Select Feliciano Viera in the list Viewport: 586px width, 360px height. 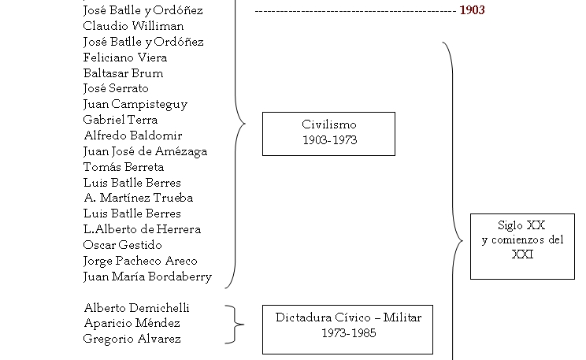point(124,58)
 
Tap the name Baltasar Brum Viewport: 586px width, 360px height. point(123,73)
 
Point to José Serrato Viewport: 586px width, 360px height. point(116,88)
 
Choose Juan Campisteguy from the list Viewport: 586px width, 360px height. point(135,104)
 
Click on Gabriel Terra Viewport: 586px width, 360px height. point(120,120)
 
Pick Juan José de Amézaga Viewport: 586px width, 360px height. point(145,151)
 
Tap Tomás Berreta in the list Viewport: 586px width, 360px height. point(124,166)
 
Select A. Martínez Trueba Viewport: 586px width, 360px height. point(138,198)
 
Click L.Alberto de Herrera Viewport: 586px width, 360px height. point(142,229)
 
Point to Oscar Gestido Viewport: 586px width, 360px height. point(122,245)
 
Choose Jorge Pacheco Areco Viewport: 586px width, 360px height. point(140,261)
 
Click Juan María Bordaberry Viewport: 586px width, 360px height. point(147,276)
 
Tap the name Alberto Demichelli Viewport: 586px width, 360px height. point(136,308)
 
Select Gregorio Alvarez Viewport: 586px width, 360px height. point(132,339)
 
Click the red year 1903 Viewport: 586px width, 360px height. point(473,11)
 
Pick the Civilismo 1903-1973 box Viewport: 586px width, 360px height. point(328,133)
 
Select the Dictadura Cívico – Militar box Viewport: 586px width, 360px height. point(348,328)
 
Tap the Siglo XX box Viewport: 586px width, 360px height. point(521,246)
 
